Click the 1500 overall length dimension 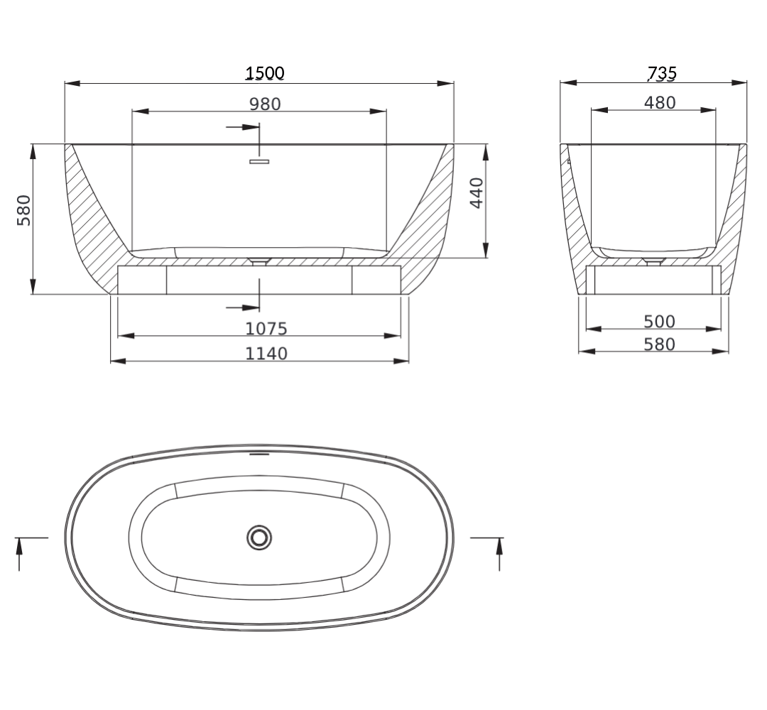[x=265, y=72]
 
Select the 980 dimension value [x=265, y=104]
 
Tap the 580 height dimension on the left [x=24, y=209]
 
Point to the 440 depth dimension [x=477, y=192]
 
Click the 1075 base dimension [x=266, y=328]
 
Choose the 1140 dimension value [x=266, y=353]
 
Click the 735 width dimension [x=661, y=72]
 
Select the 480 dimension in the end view [x=660, y=102]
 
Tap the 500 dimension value [x=660, y=321]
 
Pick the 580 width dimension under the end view [x=660, y=344]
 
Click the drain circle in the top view [x=259, y=537]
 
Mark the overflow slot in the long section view [x=260, y=162]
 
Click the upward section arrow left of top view [x=18, y=554]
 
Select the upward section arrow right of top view [x=499, y=554]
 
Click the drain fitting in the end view [x=652, y=262]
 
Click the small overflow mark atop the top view [x=259, y=452]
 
